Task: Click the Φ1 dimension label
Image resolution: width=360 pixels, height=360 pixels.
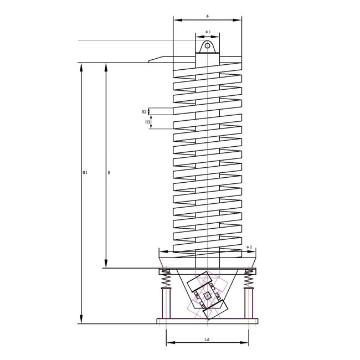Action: (208, 32)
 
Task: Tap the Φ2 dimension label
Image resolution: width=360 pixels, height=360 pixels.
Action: (249, 247)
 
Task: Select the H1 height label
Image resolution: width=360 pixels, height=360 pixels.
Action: (85, 172)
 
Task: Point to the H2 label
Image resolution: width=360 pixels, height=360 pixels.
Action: (144, 111)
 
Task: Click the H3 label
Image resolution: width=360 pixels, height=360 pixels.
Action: (147, 121)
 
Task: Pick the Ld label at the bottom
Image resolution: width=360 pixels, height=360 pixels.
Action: (207, 339)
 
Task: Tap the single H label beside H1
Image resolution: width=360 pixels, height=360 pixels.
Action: (109, 173)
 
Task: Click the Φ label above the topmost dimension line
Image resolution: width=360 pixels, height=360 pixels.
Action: (207, 15)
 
